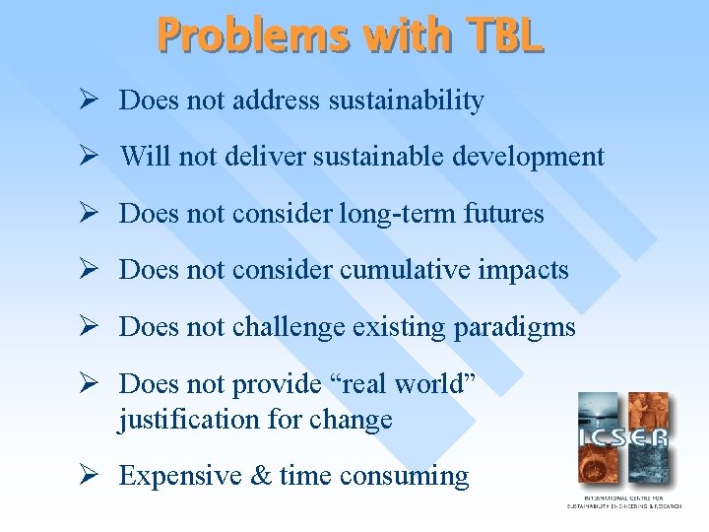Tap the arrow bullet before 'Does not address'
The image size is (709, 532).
[88, 100]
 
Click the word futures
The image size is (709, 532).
[506, 214]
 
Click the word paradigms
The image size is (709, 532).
[516, 327]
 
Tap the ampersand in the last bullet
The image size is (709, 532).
[264, 476]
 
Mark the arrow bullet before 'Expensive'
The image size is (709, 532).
[88, 476]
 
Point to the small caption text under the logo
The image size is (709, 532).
[622, 503]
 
